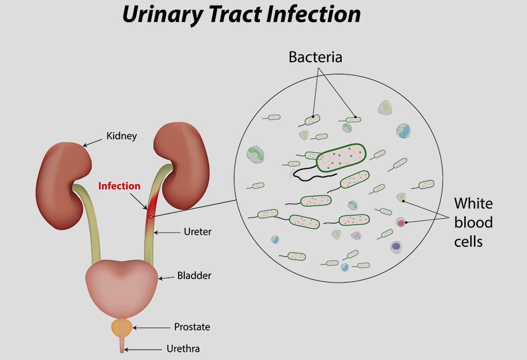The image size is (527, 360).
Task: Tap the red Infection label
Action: click(119, 186)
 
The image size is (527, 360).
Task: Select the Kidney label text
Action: click(121, 136)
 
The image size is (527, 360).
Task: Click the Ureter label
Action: click(198, 232)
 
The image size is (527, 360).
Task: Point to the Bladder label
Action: click(194, 276)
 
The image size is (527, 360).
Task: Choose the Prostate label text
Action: click(192, 327)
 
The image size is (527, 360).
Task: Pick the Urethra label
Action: click(183, 349)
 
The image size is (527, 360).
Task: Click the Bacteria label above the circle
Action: click(315, 57)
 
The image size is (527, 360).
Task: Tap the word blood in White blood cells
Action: click(473, 222)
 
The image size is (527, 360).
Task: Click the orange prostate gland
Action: click(121, 328)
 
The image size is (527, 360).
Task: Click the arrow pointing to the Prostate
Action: click(152, 328)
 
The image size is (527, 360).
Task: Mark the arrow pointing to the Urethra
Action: click(143, 350)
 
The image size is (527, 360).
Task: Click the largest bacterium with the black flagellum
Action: click(341, 157)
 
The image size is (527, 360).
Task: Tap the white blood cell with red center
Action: click(400, 222)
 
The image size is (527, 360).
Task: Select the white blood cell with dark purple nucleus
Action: click(397, 247)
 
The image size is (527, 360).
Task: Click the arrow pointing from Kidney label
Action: click(93, 142)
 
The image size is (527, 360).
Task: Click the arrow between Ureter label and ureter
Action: click(167, 232)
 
